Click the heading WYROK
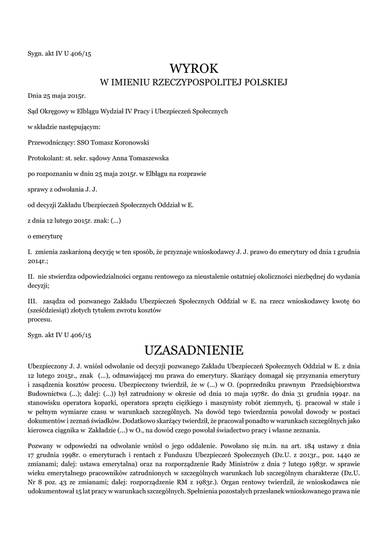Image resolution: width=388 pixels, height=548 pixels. (x=194, y=68)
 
